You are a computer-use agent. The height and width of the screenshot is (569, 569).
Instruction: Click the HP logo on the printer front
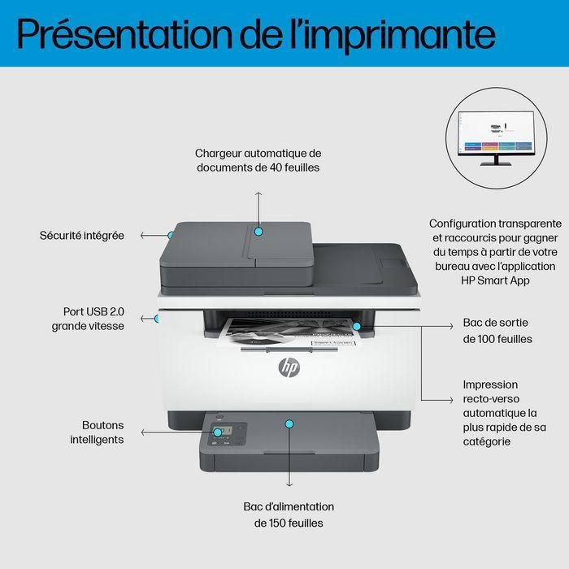[x=289, y=367]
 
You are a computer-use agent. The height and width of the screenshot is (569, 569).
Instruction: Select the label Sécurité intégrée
[x=82, y=235]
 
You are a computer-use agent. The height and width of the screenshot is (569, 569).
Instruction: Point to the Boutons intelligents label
[x=102, y=432]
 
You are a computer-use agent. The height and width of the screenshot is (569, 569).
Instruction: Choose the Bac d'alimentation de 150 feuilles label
[x=289, y=515]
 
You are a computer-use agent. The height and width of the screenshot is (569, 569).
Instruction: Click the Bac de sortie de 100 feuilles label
[x=497, y=330]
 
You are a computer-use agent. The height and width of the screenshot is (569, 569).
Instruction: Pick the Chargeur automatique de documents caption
[x=258, y=159]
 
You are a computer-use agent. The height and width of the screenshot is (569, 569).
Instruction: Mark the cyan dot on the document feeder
[x=258, y=231]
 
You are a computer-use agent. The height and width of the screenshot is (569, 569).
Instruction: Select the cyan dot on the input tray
[x=289, y=423]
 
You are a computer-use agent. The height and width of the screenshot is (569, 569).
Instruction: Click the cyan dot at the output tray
[x=357, y=326]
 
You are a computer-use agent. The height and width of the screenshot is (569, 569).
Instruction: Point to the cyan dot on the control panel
[x=217, y=432]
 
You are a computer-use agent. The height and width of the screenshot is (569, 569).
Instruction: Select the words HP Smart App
[x=495, y=280]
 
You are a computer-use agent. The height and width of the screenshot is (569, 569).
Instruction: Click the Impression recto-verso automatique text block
[x=504, y=412]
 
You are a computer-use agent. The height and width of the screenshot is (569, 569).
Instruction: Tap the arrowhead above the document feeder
[x=258, y=194]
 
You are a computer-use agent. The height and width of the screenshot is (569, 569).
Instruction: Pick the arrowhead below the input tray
[x=289, y=485]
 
